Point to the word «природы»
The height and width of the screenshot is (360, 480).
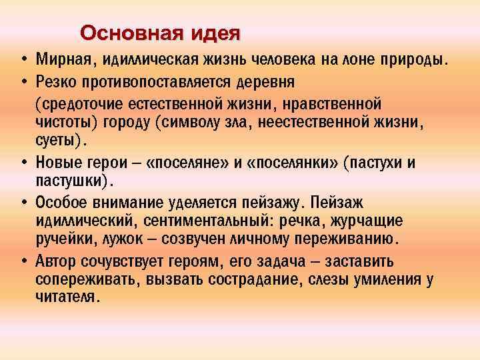pyautogui.click(x=411, y=61)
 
